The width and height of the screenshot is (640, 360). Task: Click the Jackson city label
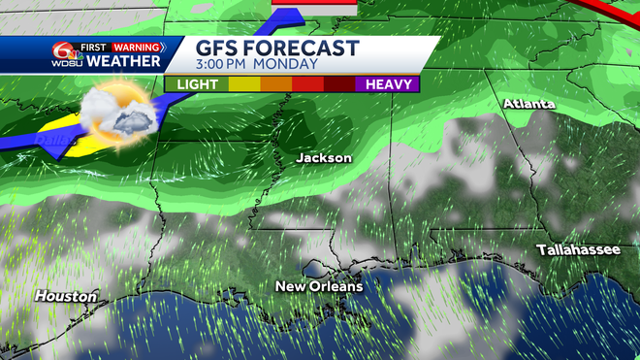tap(324, 157)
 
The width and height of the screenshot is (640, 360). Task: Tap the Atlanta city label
tap(528, 104)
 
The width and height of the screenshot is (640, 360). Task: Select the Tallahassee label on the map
tap(579, 250)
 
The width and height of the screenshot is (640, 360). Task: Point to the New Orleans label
tap(319, 286)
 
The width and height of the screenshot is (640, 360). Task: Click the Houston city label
tap(66, 295)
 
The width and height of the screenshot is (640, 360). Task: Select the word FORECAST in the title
tap(304, 49)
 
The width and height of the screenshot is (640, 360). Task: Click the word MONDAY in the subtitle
tap(291, 65)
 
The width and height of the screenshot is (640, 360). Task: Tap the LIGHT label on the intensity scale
tap(197, 84)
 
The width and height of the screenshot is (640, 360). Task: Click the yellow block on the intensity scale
tap(243, 84)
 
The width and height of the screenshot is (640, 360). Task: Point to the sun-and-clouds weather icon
tap(116, 114)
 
